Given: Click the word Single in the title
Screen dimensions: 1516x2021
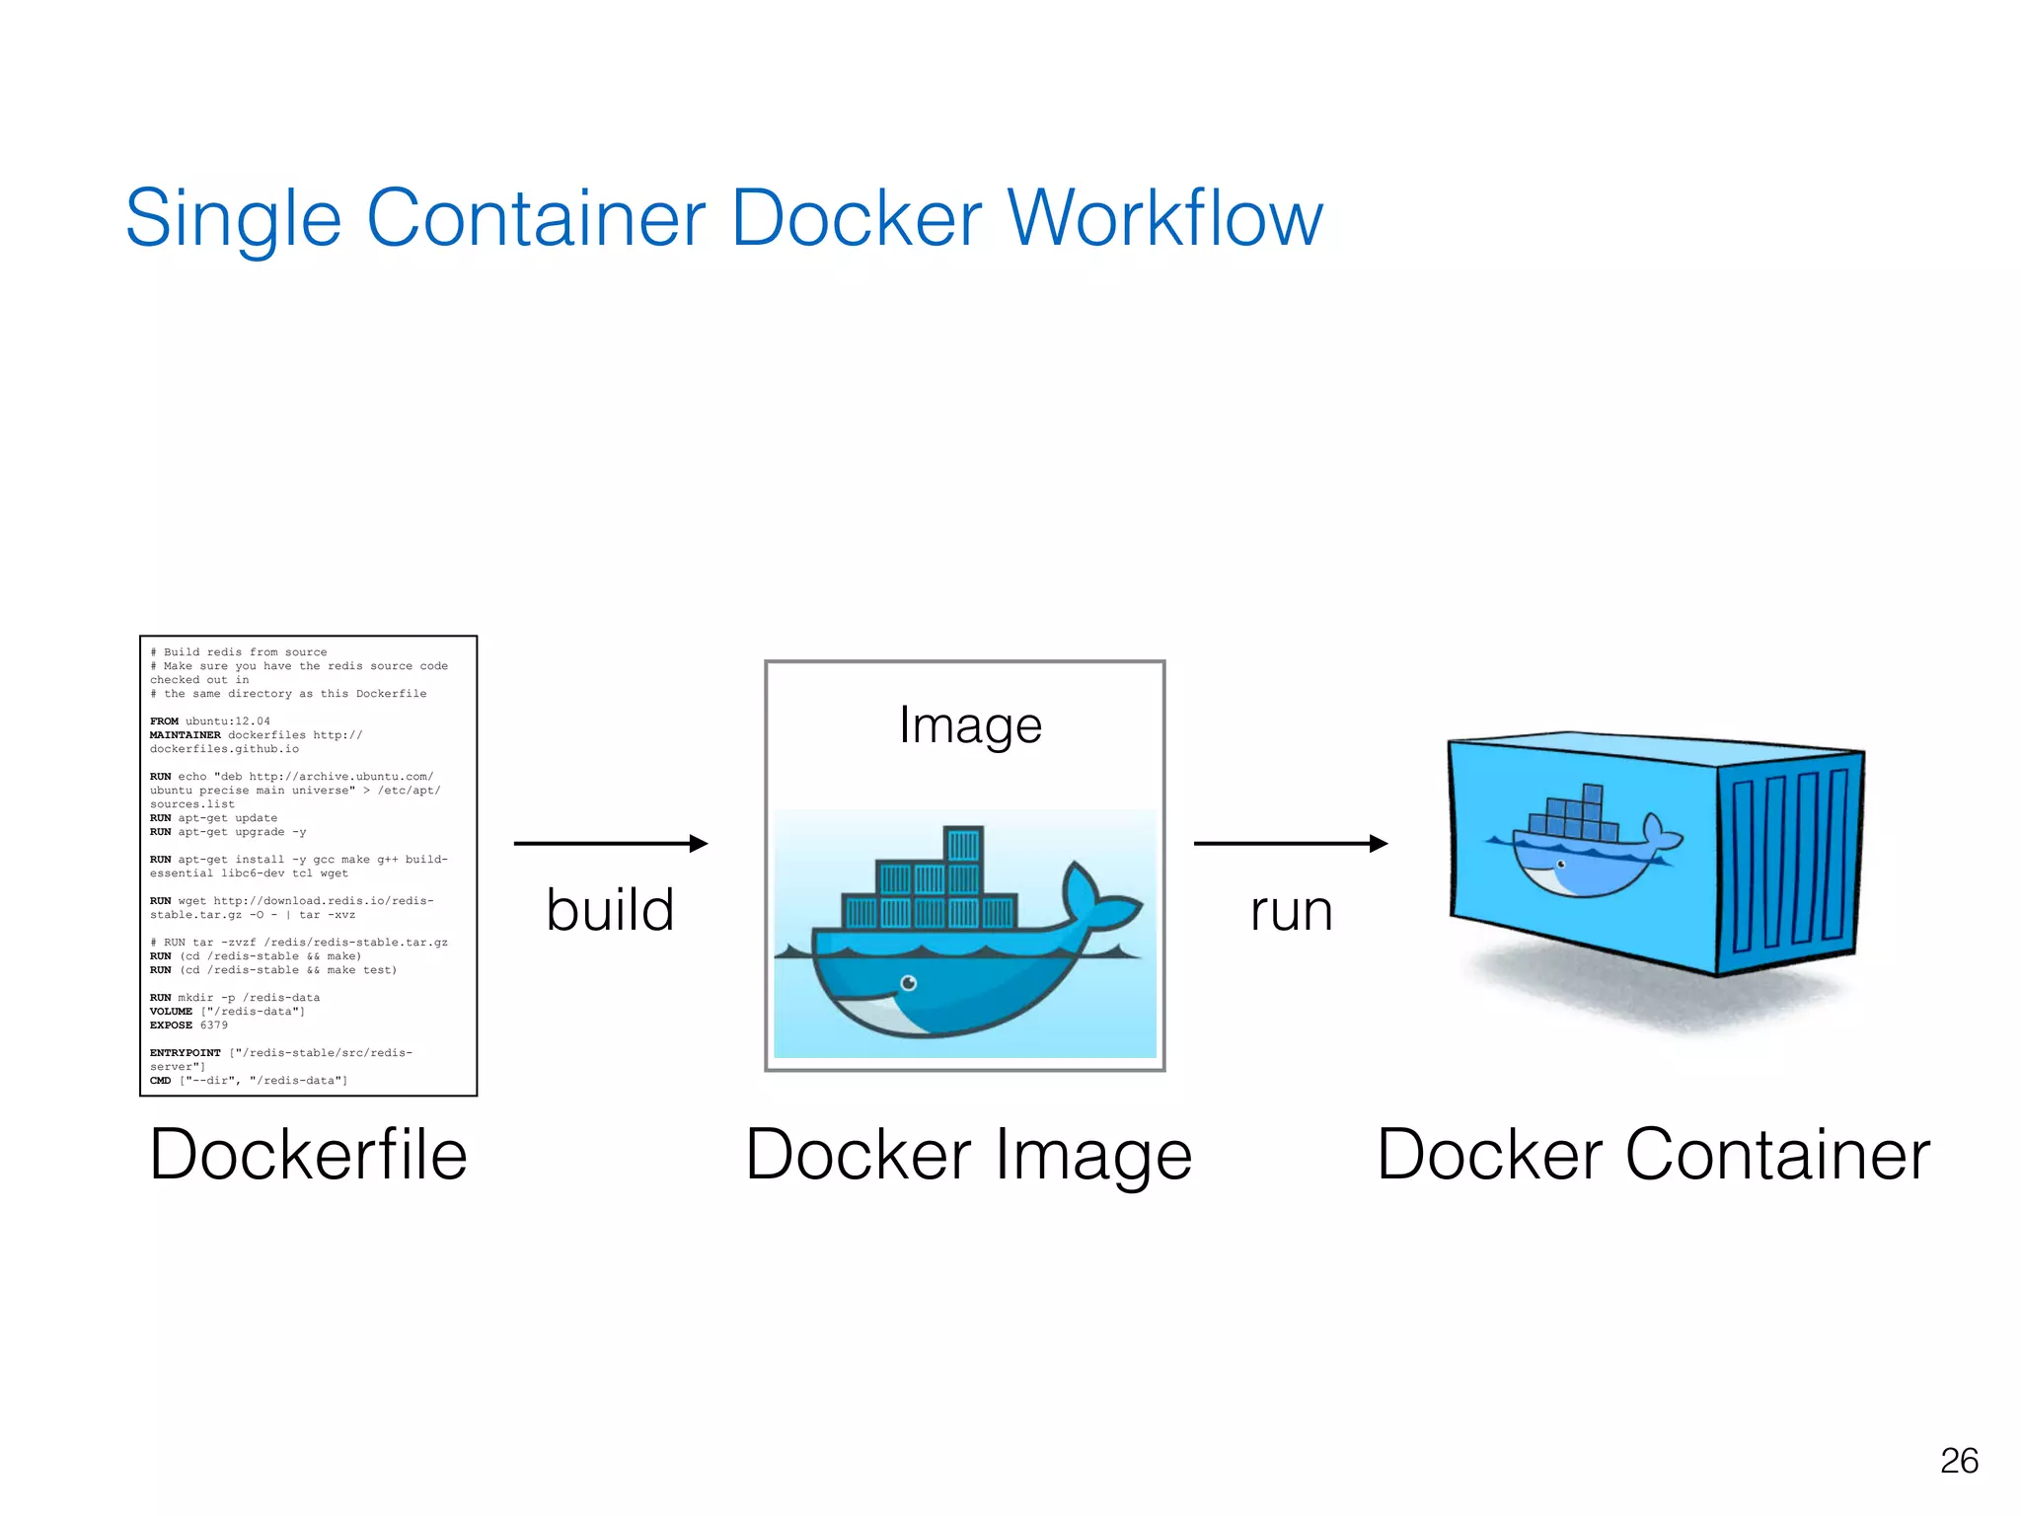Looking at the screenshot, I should (233, 218).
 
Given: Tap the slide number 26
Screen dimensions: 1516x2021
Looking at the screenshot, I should (1959, 1460).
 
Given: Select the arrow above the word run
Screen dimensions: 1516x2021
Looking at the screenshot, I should (1290, 843).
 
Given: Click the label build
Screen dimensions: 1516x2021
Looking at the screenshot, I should (610, 909).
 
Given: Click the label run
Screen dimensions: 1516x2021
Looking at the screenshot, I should (1291, 911).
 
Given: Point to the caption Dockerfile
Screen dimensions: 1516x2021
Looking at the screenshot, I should (308, 1154).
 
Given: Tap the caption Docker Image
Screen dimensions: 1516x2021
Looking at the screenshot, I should (968, 1154).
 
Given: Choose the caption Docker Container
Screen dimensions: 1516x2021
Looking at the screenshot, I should (1653, 1154).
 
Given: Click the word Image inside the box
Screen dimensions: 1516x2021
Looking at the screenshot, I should (970, 725).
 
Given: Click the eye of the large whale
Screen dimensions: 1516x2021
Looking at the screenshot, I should (909, 982).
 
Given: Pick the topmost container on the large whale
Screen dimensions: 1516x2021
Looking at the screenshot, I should (963, 845).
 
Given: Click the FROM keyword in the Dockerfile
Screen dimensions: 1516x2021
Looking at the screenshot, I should (164, 721).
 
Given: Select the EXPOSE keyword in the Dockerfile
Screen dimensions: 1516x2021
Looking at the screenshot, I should (171, 1025).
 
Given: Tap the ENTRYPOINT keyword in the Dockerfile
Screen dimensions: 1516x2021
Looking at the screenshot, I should (186, 1053).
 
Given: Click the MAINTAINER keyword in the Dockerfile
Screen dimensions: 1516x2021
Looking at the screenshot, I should (186, 735).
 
